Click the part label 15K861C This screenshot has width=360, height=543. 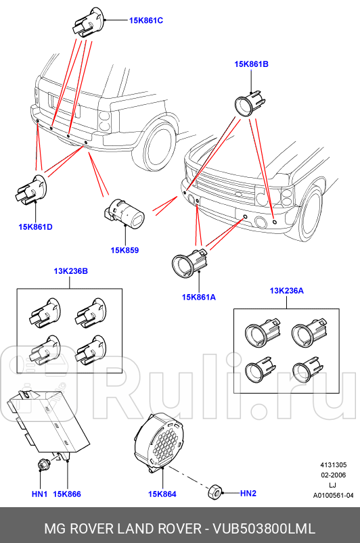pos(146,20)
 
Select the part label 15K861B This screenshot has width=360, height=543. pos(252,64)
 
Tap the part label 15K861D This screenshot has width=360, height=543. pos(36,227)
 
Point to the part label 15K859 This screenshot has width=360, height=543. pos(125,250)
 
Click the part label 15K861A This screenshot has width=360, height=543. pos(198,296)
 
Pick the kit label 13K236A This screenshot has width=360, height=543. pos(287,291)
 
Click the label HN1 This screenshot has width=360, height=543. pos(39,494)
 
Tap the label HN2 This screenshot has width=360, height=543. pos(248,494)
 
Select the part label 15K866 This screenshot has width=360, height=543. pos(67,494)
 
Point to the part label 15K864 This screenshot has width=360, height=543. pos(162,494)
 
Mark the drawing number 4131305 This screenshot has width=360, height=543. pos(334,465)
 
